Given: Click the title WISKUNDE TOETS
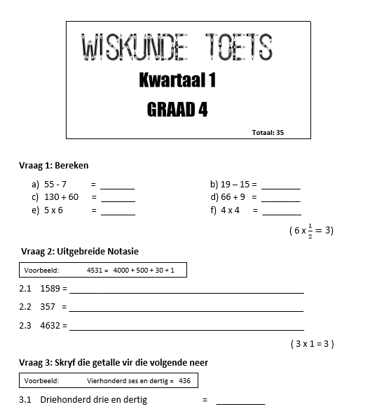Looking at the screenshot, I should point(177,47).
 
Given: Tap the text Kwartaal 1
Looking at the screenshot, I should point(177,81).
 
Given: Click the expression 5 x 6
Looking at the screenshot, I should point(54,210).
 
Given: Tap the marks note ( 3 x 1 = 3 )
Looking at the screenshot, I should point(312,343).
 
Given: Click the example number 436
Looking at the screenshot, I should point(184,380).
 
